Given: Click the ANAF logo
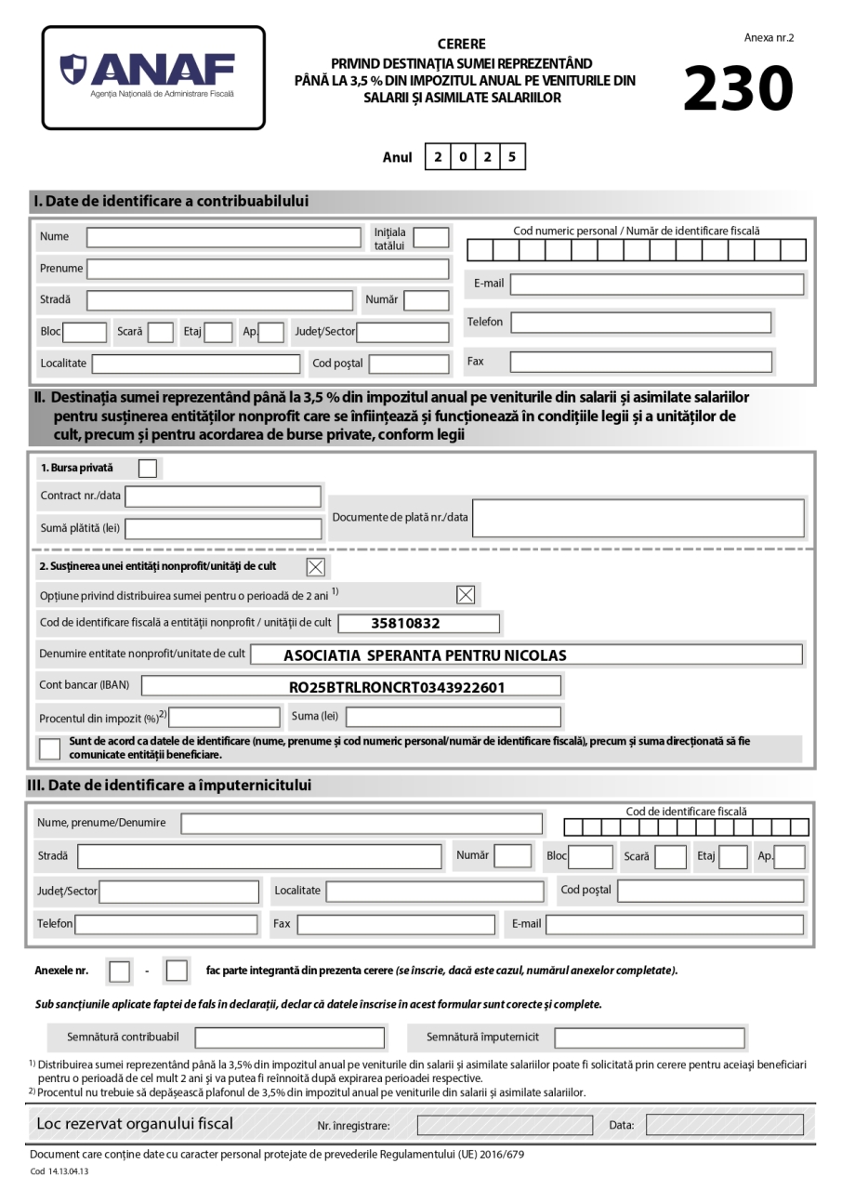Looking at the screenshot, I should coord(153,77).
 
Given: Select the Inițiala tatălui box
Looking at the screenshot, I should coord(430,237).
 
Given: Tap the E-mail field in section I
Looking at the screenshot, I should coord(656,284).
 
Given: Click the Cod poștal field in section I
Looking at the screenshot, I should coord(408,363).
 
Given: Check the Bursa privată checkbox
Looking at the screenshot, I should coord(148,468).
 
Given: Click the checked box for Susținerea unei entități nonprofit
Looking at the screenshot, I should coord(315,566).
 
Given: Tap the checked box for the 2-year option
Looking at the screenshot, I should coord(465,595).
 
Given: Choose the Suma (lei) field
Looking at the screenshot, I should coord(454,717).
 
